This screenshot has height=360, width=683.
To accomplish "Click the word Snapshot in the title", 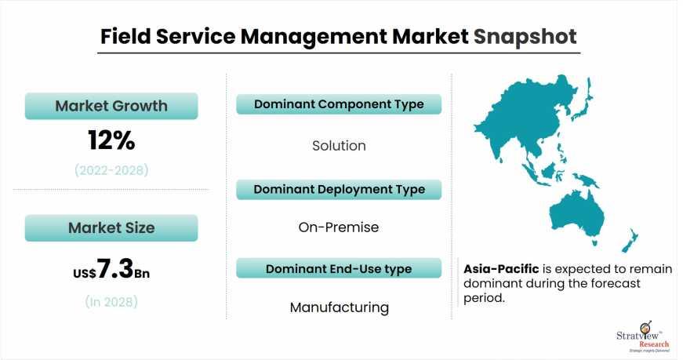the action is tap(525, 37).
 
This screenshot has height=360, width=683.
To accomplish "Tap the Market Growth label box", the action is tap(111, 106).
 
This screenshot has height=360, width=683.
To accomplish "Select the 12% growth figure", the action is tap(111, 140).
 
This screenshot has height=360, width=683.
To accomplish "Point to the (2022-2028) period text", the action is tap(111, 170).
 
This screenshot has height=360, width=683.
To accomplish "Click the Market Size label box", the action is tap(111, 228).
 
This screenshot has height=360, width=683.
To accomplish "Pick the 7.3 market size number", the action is tap(115, 268).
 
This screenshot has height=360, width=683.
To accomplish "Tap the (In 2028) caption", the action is tap(111, 302).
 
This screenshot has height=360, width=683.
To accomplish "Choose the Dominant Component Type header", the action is tap(339, 104).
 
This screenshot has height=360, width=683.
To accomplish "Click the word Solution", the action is tap(339, 146).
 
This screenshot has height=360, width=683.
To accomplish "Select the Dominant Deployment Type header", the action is tap(339, 190).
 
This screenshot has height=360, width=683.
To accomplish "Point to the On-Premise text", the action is tap(339, 227).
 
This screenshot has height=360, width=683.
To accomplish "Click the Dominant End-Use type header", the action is tap(339, 269).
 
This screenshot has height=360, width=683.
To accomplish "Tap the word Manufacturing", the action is tap(340, 307).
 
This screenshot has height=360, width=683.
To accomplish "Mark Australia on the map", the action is tap(576, 216).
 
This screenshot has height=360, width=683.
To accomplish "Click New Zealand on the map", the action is tap(630, 241).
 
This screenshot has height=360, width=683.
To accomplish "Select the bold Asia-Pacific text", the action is tap(501, 269).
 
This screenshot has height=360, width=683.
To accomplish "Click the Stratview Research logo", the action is tap(643, 337).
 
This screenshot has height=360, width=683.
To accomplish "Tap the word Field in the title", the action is tap(125, 36).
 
